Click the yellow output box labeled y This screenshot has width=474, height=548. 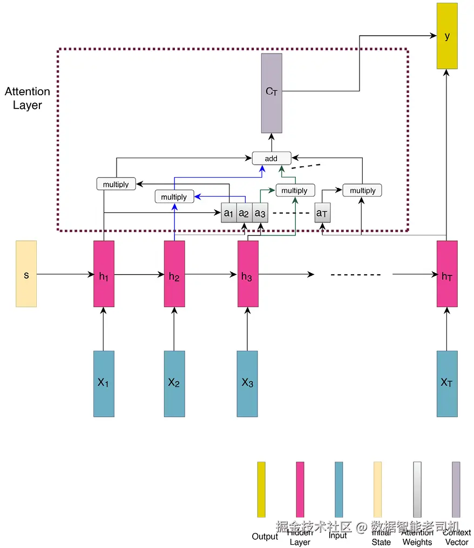(x=447, y=36)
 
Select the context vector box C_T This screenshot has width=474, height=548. (x=272, y=93)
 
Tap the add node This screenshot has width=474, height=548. (x=272, y=158)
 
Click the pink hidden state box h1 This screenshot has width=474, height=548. (x=104, y=274)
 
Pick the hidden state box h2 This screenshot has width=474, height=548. (x=174, y=274)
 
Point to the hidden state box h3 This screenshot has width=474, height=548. (x=248, y=274)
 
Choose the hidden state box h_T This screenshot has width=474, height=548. (x=447, y=274)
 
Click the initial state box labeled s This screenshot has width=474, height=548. (x=26, y=274)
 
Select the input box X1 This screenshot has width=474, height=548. (x=104, y=383)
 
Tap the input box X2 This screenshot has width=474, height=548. (x=174, y=383)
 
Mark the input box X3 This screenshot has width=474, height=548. (x=248, y=383)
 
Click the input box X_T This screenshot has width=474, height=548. (x=447, y=383)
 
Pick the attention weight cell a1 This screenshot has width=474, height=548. (x=229, y=213)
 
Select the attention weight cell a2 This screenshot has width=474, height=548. (x=245, y=213)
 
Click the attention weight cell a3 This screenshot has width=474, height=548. (x=260, y=213)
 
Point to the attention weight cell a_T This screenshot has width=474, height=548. (x=322, y=213)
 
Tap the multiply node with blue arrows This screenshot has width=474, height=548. (x=174, y=197)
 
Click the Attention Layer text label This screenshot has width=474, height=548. (x=28, y=98)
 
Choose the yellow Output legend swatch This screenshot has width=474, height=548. (x=261, y=489)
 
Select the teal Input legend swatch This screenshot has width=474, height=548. (x=338, y=489)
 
